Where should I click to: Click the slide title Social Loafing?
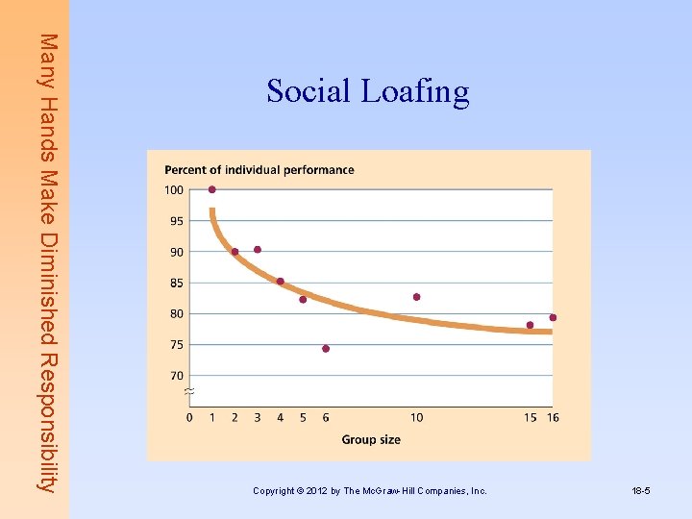tap(368, 91)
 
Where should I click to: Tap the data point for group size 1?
tap(212, 189)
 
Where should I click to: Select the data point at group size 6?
tap(326, 349)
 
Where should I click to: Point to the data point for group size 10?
tap(416, 297)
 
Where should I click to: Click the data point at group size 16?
tap(553, 317)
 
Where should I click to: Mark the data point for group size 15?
tap(530, 325)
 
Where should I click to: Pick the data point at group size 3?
tap(258, 250)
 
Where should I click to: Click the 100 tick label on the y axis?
tap(173, 190)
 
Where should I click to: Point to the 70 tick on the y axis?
tap(176, 376)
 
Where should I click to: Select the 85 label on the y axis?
tap(176, 284)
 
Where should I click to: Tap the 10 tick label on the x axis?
tap(416, 417)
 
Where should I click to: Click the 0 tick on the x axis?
tap(189, 417)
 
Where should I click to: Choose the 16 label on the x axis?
tap(553, 417)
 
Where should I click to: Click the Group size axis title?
tap(371, 440)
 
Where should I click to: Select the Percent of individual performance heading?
tap(259, 170)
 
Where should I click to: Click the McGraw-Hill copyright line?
tap(370, 491)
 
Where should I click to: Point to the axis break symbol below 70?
tap(188, 392)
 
